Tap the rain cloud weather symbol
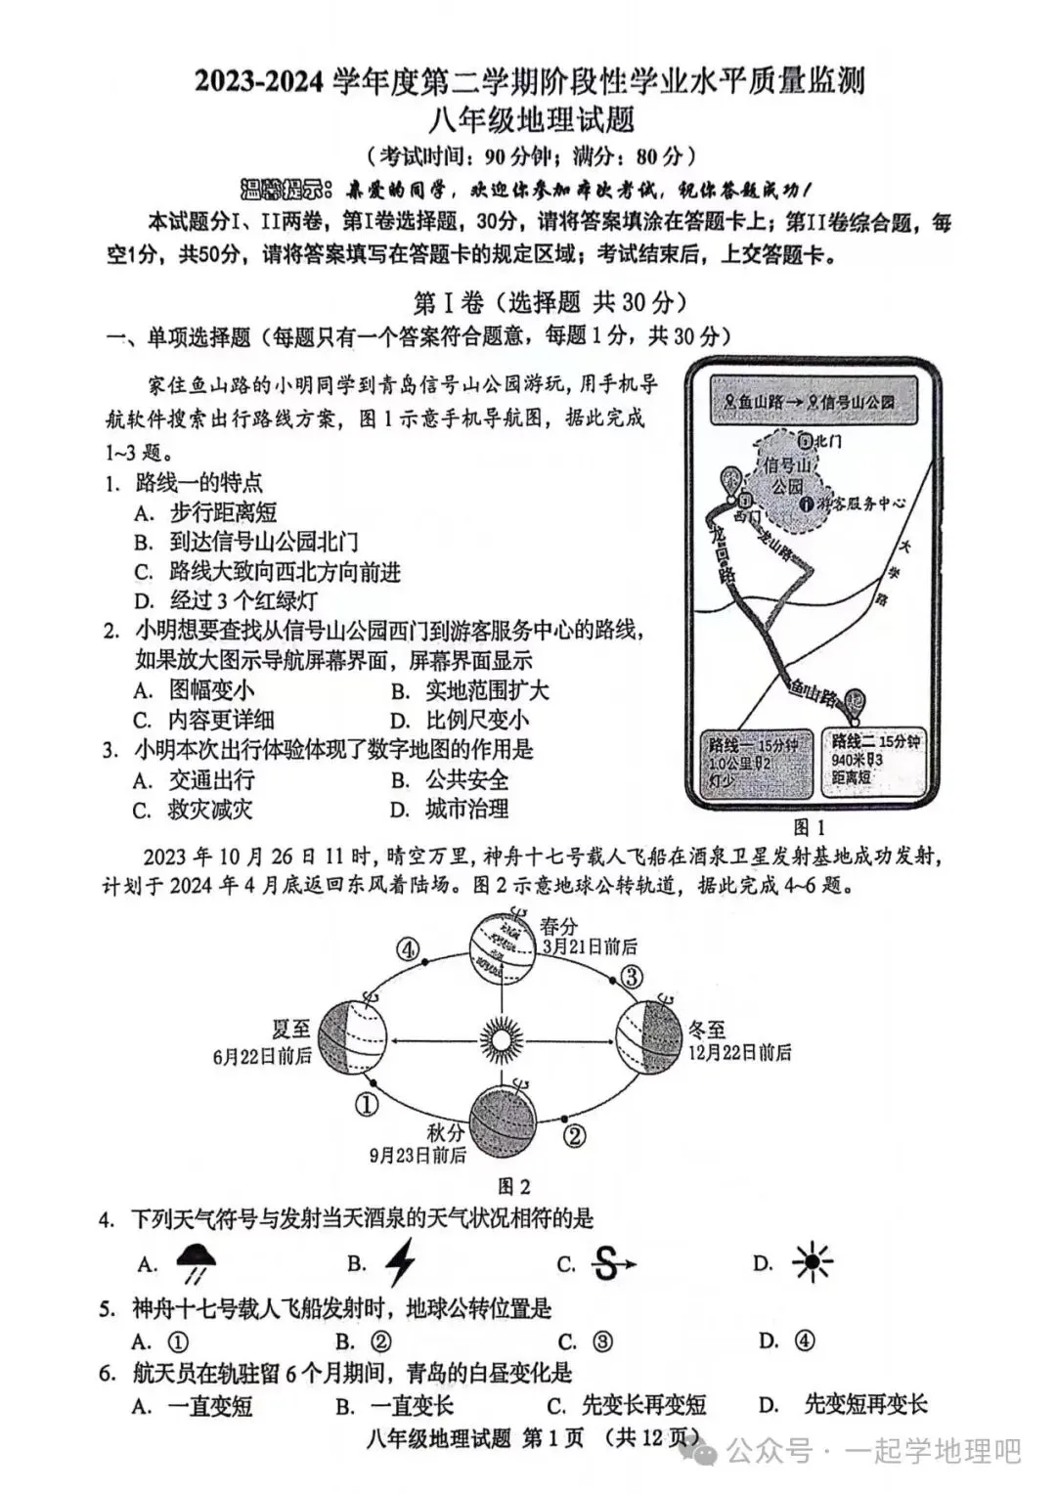tap(197, 1263)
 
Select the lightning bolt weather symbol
tap(400, 1262)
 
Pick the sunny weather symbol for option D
tap(812, 1263)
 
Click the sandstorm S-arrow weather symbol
tap(610, 1264)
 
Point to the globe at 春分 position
tap(501, 945)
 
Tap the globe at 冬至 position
tap(649, 1035)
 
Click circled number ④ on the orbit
tap(408, 949)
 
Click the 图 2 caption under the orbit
tap(513, 1186)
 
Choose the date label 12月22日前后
tap(738, 1052)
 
